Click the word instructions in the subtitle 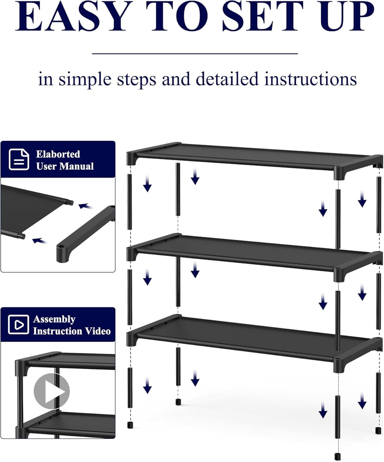(311, 79)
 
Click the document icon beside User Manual (19, 159)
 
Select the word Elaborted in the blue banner (58, 154)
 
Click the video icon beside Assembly (18, 324)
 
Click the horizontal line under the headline (195, 54)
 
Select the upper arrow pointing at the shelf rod (86, 206)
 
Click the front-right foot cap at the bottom (338, 456)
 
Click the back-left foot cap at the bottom (178, 402)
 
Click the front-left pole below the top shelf (130, 202)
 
